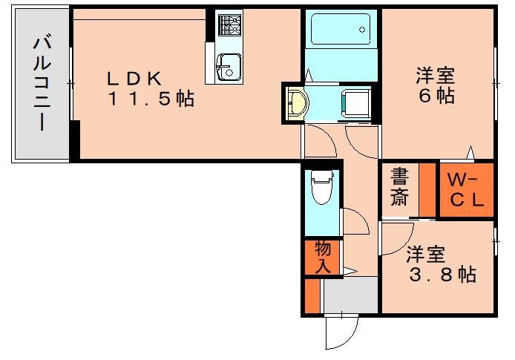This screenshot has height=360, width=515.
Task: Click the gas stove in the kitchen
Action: click(228, 27)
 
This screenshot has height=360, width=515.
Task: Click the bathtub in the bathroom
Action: click(341, 30)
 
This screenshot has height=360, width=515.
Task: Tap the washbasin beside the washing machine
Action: click(296, 103)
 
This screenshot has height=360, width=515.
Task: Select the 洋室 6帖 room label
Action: click(436, 85)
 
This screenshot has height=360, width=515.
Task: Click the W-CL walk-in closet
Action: click(466, 190)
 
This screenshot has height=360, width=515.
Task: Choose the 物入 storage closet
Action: click(322, 257)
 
